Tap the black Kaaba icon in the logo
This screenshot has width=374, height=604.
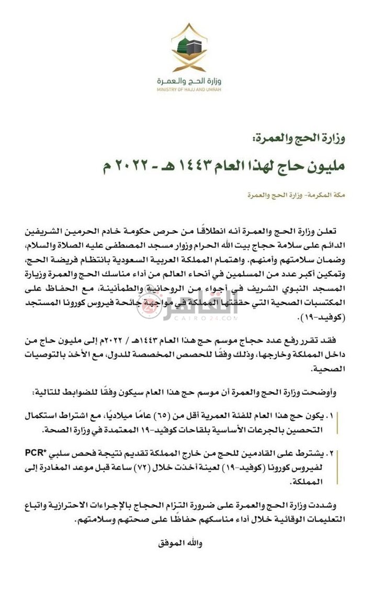point(195,45)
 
